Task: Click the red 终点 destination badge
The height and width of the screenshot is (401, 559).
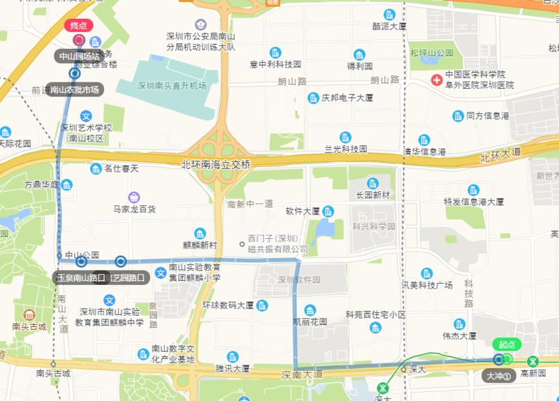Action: [78, 26]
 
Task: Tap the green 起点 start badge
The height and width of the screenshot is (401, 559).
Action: [505, 344]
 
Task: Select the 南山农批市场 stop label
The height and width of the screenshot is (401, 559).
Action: [74, 89]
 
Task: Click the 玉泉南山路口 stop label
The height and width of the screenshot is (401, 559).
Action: [81, 277]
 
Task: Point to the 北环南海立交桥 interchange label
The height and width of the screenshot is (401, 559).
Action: [215, 164]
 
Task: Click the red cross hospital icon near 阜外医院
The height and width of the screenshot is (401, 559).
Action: [436, 79]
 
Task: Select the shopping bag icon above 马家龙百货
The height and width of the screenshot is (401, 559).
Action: [134, 197]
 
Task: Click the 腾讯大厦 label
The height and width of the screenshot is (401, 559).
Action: [232, 368]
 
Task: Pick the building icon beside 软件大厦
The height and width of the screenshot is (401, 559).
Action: [328, 210]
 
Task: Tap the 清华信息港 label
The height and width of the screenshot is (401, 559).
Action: [424, 151]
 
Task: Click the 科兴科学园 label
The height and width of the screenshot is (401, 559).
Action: [374, 226]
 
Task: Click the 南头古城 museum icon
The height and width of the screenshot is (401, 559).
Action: [29, 314]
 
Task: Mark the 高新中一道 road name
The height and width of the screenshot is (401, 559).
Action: [249, 203]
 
